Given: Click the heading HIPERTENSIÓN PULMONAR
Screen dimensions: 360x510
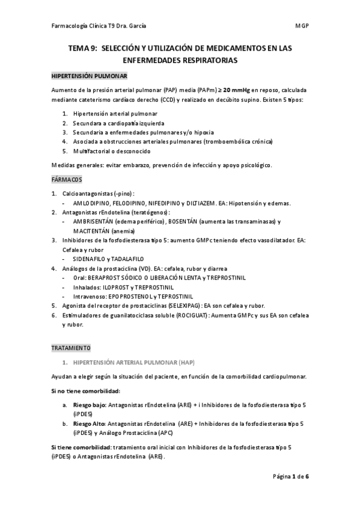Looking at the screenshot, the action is [88, 77].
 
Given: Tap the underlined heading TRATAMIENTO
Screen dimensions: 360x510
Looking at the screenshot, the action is [71, 348].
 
